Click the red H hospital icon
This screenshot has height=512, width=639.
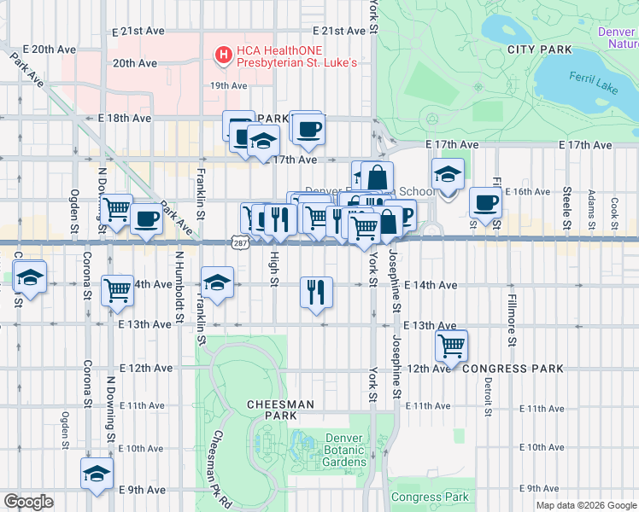224,55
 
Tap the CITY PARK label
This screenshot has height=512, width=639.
539,49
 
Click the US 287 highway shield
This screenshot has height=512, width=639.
237,243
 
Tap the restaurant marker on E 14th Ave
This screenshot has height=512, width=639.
317,293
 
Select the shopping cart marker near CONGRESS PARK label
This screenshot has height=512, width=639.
451,346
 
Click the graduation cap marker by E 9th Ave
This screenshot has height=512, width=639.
97,474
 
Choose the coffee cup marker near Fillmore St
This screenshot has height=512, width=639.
486,203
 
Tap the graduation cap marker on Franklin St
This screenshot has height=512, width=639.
217,282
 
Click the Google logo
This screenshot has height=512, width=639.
28,502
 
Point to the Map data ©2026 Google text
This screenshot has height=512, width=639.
585,505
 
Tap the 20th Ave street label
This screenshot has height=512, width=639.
135,63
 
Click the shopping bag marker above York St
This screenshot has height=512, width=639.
377,177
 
